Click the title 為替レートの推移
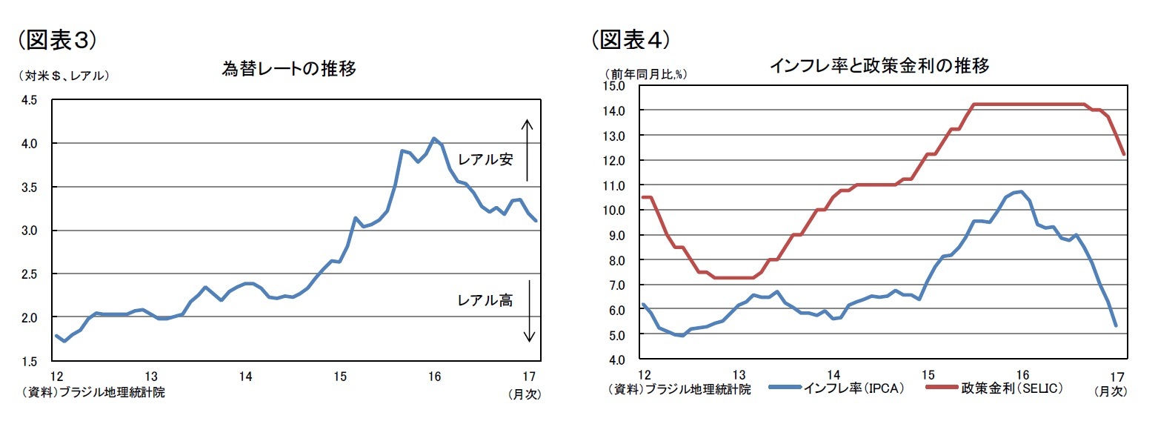[289, 70]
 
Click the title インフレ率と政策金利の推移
[879, 66]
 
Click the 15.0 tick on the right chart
[616, 85]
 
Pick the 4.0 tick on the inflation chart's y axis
[618, 360]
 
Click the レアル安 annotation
[485, 159]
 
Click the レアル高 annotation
[485, 300]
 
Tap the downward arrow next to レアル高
[529, 311]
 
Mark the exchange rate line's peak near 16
[434, 139]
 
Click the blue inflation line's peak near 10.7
[1022, 192]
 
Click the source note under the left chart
[87, 393]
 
